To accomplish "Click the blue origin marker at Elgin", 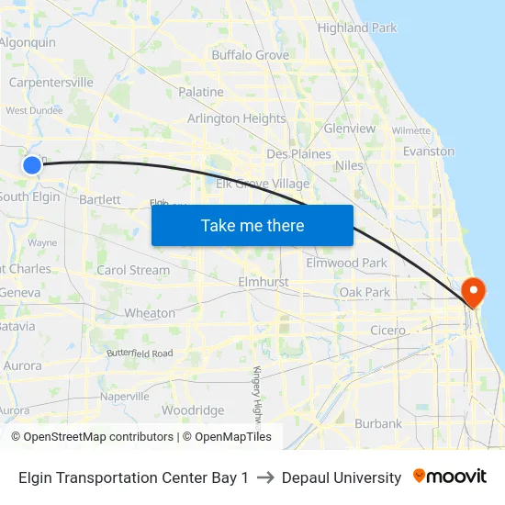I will (x=32, y=164).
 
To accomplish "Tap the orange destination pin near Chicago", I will (x=475, y=293).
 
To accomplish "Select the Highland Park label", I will (x=357, y=28).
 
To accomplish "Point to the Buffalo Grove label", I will (x=250, y=55).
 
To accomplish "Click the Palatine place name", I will (x=201, y=92).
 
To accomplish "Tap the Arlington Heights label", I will (x=236, y=118).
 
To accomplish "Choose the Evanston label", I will (x=429, y=151).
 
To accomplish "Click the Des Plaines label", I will (x=298, y=153).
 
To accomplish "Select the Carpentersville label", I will (x=51, y=82).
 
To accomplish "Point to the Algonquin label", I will (x=28, y=42).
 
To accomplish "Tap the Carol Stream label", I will (x=133, y=270).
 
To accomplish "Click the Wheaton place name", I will (x=150, y=313).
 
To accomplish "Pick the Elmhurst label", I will (x=264, y=282).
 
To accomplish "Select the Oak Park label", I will (x=365, y=292).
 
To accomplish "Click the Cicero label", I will (x=387, y=330).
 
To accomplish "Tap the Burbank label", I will (x=377, y=423).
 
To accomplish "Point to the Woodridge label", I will (x=193, y=410).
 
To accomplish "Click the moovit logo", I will (x=450, y=477).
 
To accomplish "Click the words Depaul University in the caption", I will (x=342, y=477).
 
